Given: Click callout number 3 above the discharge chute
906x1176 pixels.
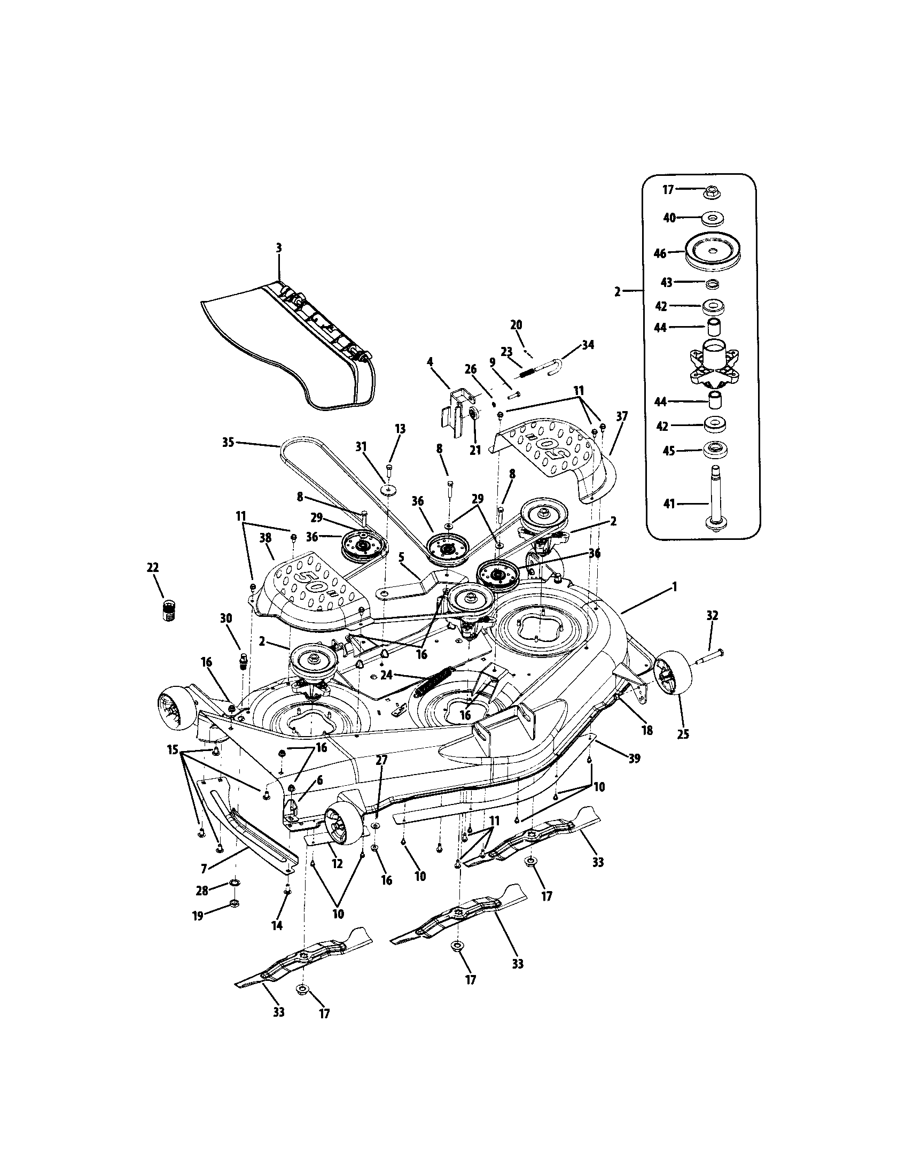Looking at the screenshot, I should (279, 248).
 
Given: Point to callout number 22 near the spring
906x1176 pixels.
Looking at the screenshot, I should (153, 568).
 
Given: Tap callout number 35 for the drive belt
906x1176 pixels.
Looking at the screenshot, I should (228, 443).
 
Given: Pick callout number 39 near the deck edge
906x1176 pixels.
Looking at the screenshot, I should (635, 758).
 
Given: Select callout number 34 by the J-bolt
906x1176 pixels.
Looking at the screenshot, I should (588, 345).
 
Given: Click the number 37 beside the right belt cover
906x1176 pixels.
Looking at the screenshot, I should (622, 416).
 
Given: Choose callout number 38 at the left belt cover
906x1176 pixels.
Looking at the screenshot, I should (265, 537).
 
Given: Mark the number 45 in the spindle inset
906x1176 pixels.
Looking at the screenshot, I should (669, 451).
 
